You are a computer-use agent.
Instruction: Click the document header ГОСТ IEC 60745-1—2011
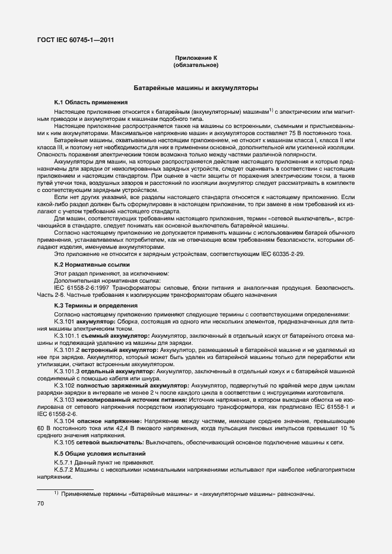coord(75,40)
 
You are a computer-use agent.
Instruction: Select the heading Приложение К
coord(196,57)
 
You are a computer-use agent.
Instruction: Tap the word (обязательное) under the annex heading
coord(196,65)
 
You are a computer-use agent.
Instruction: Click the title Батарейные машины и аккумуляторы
coord(196,88)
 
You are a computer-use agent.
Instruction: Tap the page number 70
coord(41,503)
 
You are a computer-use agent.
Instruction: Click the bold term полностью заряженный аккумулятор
coord(124,385)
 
